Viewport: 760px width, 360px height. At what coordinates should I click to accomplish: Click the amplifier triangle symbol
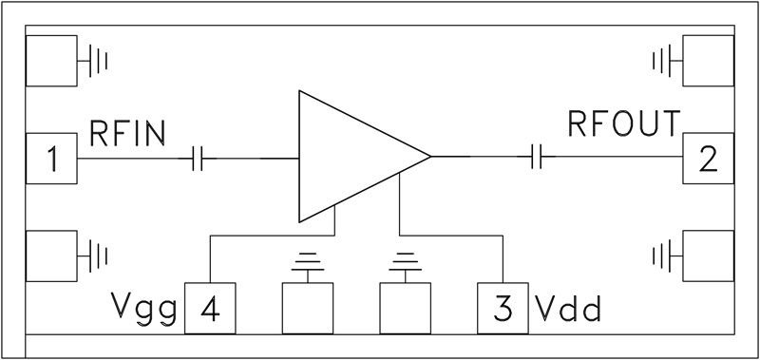click(x=351, y=156)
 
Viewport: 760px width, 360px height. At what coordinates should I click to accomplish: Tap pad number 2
click(x=708, y=159)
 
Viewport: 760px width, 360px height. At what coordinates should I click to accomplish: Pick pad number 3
click(x=503, y=308)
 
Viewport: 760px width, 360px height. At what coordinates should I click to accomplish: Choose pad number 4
click(x=210, y=308)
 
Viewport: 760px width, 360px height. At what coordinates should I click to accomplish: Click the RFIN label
click(x=127, y=133)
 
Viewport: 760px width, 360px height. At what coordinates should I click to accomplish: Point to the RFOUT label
click(x=624, y=124)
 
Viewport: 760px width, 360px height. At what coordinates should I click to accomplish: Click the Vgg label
click(x=143, y=310)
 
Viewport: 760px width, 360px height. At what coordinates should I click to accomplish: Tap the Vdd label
click(x=568, y=310)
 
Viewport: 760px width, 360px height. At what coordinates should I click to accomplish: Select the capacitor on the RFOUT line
click(x=537, y=156)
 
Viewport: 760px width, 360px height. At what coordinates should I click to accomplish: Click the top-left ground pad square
click(x=51, y=62)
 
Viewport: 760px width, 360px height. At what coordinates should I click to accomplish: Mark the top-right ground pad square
click(x=708, y=62)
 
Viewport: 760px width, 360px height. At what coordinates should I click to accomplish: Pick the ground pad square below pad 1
click(x=51, y=256)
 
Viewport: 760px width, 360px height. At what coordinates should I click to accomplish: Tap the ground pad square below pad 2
click(x=708, y=256)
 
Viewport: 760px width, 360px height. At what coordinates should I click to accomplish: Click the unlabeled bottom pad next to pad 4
click(x=308, y=308)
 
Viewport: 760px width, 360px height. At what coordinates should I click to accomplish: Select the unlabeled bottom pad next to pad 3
click(x=405, y=308)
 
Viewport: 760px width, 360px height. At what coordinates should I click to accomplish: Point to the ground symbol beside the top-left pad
click(x=97, y=62)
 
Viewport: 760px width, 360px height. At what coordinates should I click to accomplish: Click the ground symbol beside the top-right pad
click(x=662, y=62)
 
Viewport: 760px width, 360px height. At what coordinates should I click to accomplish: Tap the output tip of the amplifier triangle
click(x=429, y=156)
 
